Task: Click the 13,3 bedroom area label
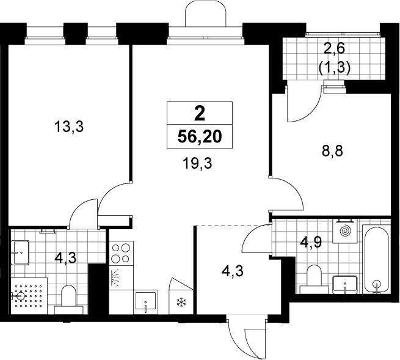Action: tap(69, 127)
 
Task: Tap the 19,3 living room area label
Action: tap(197, 163)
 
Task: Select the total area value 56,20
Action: tap(200, 137)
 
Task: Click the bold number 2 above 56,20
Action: tap(200, 114)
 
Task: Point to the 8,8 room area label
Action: tap(332, 152)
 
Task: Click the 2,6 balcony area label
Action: tap(334, 48)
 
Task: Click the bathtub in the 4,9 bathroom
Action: tap(377, 260)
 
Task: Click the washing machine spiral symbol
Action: tap(346, 231)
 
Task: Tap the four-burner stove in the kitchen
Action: tap(122, 253)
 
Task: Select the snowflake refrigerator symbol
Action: tap(181, 303)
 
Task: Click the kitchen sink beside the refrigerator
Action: tap(146, 303)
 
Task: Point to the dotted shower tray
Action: tap(29, 296)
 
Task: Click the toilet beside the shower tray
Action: tap(69, 299)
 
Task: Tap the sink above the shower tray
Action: tap(20, 252)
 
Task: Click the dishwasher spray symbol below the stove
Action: tap(116, 277)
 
